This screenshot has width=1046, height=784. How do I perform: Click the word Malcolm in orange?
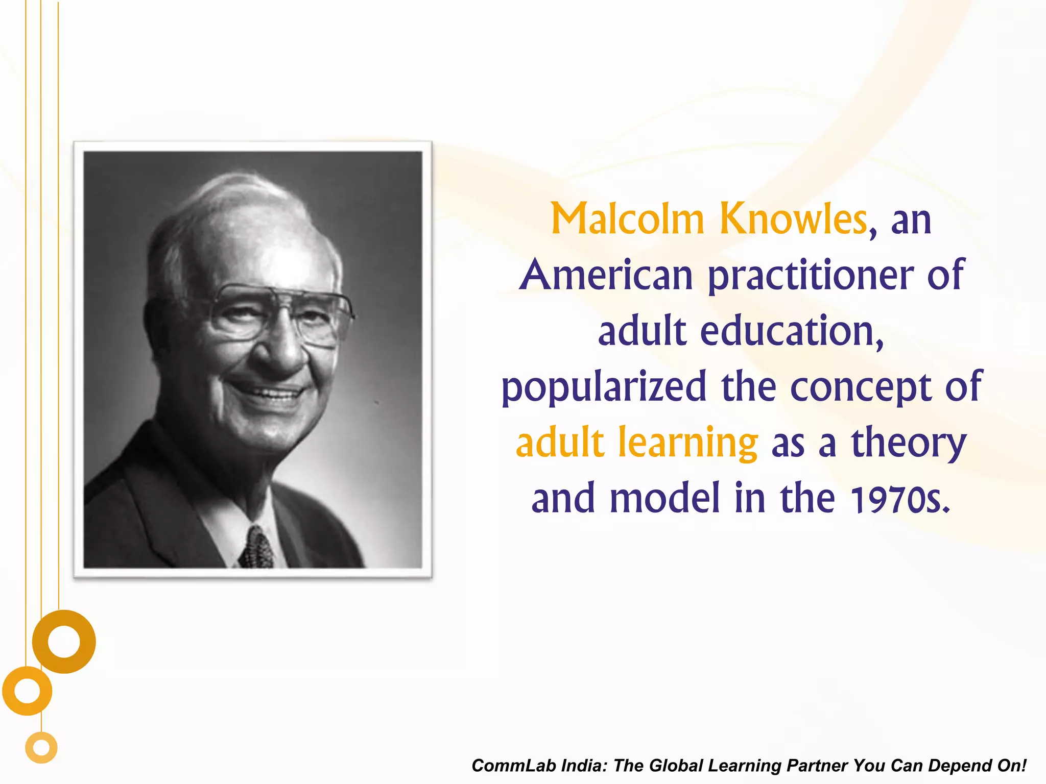click(x=627, y=219)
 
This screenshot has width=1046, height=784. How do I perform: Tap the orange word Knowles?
click(x=793, y=219)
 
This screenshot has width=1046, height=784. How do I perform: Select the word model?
click(x=664, y=498)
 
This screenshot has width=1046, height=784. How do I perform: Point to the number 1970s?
click(x=900, y=499)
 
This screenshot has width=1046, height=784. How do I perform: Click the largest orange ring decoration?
click(x=64, y=642)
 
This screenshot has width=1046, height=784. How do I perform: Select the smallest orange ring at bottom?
click(x=41, y=748)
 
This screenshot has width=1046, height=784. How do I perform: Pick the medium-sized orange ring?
click(x=27, y=691)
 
